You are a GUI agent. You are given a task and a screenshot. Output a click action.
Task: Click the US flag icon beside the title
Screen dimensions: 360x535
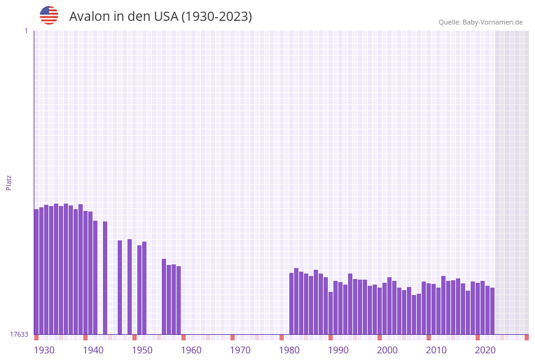click(x=49, y=15)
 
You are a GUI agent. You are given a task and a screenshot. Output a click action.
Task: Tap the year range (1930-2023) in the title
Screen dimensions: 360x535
click(x=216, y=17)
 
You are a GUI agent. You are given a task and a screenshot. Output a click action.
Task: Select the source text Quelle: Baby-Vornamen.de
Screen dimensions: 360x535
click(x=480, y=22)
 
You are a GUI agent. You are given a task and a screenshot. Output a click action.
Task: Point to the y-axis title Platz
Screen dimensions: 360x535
click(x=9, y=182)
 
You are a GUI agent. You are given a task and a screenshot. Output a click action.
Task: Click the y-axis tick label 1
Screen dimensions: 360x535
click(x=26, y=31)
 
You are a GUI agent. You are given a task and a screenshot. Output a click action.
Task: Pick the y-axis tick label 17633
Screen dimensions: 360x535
click(x=19, y=334)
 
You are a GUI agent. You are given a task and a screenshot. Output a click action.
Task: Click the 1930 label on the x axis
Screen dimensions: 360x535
click(x=44, y=350)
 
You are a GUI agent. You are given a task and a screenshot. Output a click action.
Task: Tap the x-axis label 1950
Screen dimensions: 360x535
click(x=142, y=350)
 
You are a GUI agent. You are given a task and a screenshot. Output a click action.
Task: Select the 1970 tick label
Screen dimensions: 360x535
click(x=240, y=350)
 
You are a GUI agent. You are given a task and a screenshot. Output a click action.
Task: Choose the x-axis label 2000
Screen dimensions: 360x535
click(x=387, y=350)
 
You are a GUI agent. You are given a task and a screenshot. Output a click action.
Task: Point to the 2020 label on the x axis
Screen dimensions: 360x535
click(x=485, y=350)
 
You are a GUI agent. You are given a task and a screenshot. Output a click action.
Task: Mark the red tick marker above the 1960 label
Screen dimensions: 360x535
click(x=183, y=337)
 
